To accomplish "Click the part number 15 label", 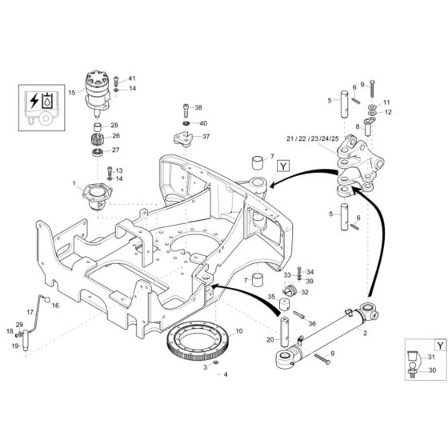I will point(72,94).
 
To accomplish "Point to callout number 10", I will point(239,330).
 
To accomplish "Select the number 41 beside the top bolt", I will point(132,78).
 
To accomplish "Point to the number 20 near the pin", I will point(270,341).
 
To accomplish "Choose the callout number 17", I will point(30,312).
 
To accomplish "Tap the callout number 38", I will point(199,107).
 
